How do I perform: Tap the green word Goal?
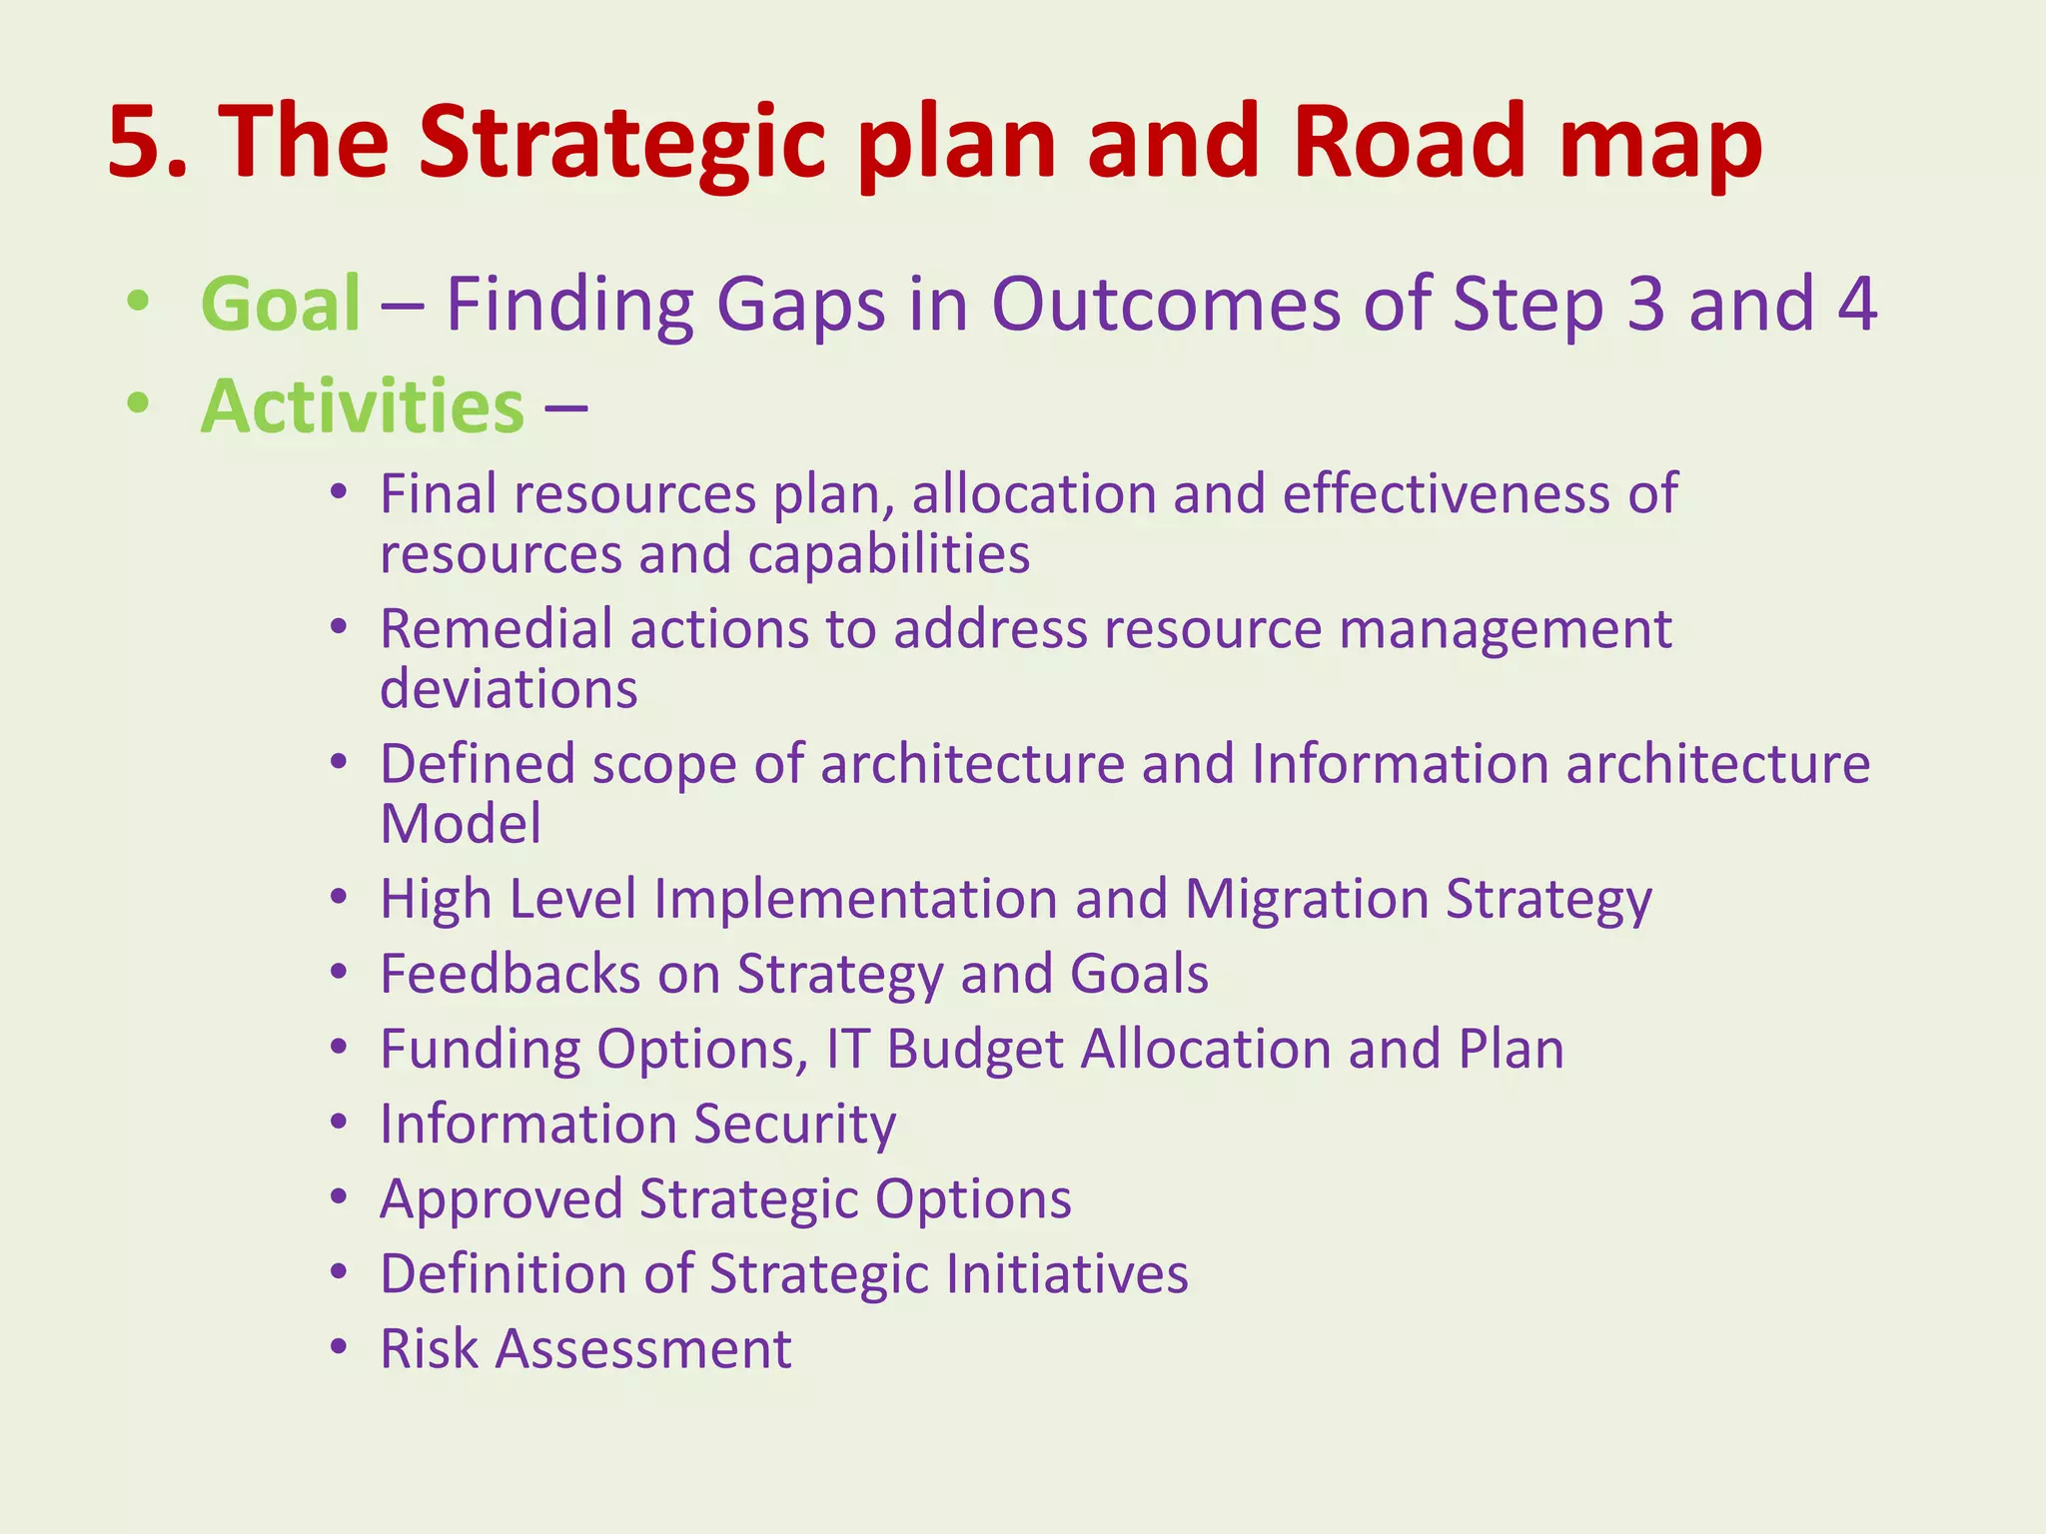pos(281,305)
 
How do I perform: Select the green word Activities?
pos(362,407)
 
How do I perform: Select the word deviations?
pos(509,689)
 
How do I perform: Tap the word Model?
pos(461,824)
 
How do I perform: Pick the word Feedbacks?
pos(510,974)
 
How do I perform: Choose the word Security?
pos(795,1125)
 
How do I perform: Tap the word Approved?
pos(501,1198)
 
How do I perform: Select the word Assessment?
pos(643,1349)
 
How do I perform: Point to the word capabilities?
pos(888,554)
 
